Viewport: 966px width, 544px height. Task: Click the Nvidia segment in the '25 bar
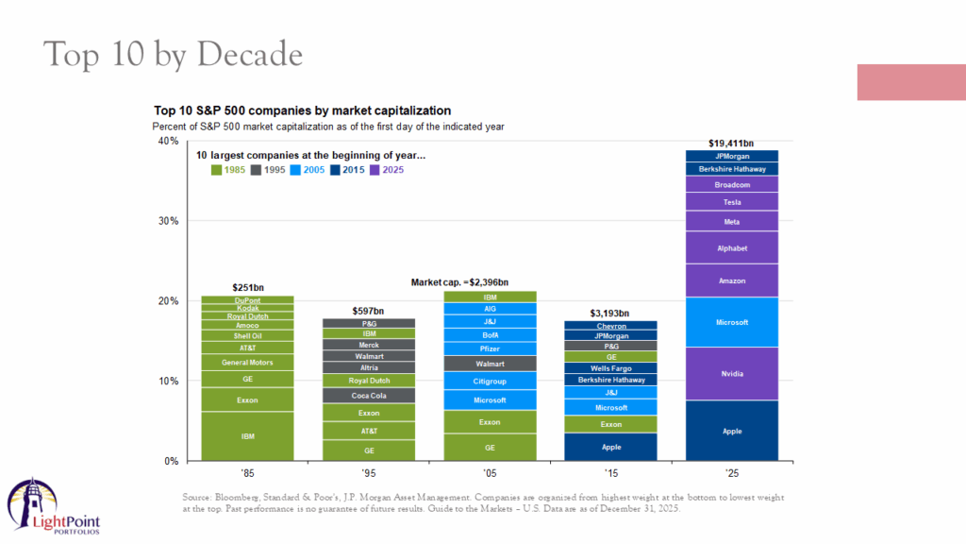tap(732, 374)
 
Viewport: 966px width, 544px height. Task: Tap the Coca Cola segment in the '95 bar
tap(369, 396)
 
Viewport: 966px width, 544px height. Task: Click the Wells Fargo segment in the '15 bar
tap(610, 368)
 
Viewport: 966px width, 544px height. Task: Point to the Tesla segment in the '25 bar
tap(732, 202)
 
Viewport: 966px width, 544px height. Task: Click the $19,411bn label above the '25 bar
tap(732, 144)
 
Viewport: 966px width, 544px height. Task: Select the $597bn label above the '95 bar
tap(369, 310)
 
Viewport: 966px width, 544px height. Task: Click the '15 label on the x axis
tap(610, 472)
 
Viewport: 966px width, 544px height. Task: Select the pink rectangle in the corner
tap(910, 82)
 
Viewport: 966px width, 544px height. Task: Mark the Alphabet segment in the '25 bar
tap(732, 247)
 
